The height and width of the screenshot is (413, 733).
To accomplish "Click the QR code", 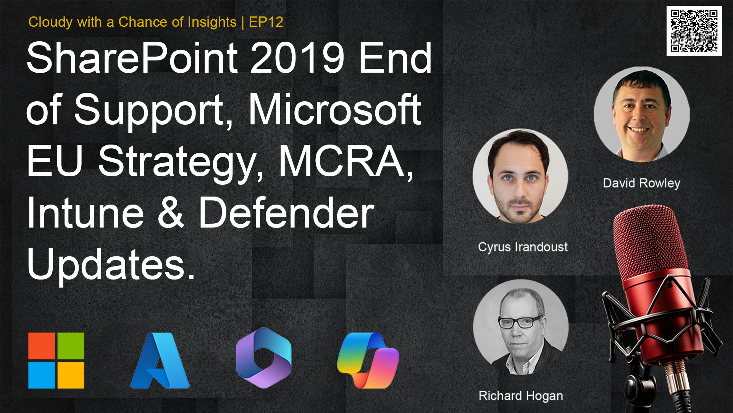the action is (694, 31).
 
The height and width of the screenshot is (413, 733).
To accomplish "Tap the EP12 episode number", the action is (266, 22).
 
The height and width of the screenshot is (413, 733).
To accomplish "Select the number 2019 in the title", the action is (297, 58).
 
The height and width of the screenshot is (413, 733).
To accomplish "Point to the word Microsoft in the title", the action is (335, 110).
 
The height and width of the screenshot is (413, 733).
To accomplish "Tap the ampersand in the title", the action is (171, 213).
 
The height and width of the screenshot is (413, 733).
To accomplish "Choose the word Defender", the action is (286, 213).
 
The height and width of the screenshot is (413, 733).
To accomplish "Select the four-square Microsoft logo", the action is (56, 361).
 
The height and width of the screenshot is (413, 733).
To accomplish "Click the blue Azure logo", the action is (160, 361).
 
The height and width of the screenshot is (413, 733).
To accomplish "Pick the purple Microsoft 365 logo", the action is (264, 358).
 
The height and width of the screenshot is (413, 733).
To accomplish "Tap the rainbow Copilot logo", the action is (368, 361).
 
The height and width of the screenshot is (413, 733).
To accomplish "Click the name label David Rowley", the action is (641, 183).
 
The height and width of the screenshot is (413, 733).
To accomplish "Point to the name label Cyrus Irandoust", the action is (523, 247).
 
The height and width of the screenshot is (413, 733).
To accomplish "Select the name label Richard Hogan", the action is (521, 396).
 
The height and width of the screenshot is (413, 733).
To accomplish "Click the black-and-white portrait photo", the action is (521, 327).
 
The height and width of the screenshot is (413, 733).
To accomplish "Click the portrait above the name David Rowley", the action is (642, 114).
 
